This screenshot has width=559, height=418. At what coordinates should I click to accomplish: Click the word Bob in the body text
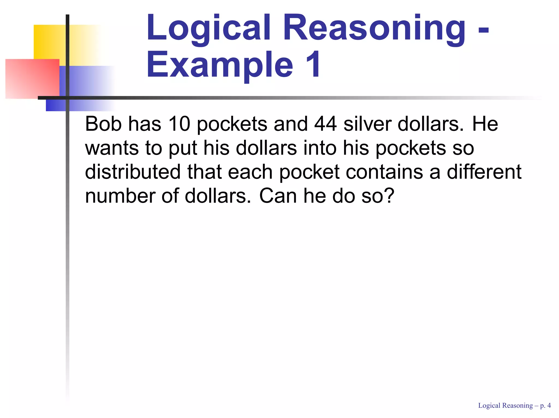click(103, 124)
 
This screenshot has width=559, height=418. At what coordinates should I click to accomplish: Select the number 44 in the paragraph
click(325, 124)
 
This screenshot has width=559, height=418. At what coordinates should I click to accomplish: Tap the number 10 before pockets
click(179, 124)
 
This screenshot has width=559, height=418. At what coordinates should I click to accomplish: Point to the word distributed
click(133, 172)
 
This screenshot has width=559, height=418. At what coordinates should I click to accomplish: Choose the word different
click(484, 172)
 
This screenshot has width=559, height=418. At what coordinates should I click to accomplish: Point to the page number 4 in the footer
click(549, 406)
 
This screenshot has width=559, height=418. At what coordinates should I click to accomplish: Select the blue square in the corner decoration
click(82, 82)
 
